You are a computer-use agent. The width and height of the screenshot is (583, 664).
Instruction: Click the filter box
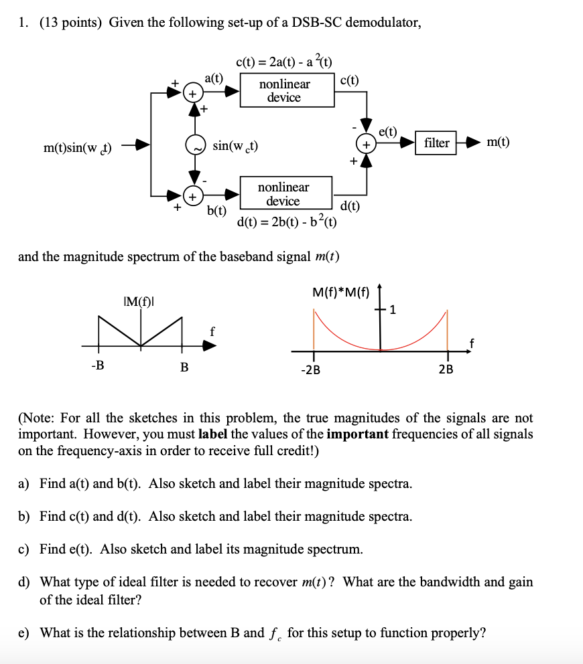tap(436, 143)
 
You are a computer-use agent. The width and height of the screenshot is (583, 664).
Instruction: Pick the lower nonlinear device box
tap(283, 194)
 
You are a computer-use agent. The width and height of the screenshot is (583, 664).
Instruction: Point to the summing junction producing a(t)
tap(192, 94)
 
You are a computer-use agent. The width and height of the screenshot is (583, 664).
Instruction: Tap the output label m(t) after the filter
tap(497, 142)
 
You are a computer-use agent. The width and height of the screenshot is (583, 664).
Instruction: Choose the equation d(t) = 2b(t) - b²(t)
tap(287, 222)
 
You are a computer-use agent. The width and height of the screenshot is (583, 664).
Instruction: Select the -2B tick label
tap(310, 370)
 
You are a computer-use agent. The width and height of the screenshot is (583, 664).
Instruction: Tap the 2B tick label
tap(446, 370)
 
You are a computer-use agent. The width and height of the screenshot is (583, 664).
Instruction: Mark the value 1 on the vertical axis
tap(393, 310)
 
